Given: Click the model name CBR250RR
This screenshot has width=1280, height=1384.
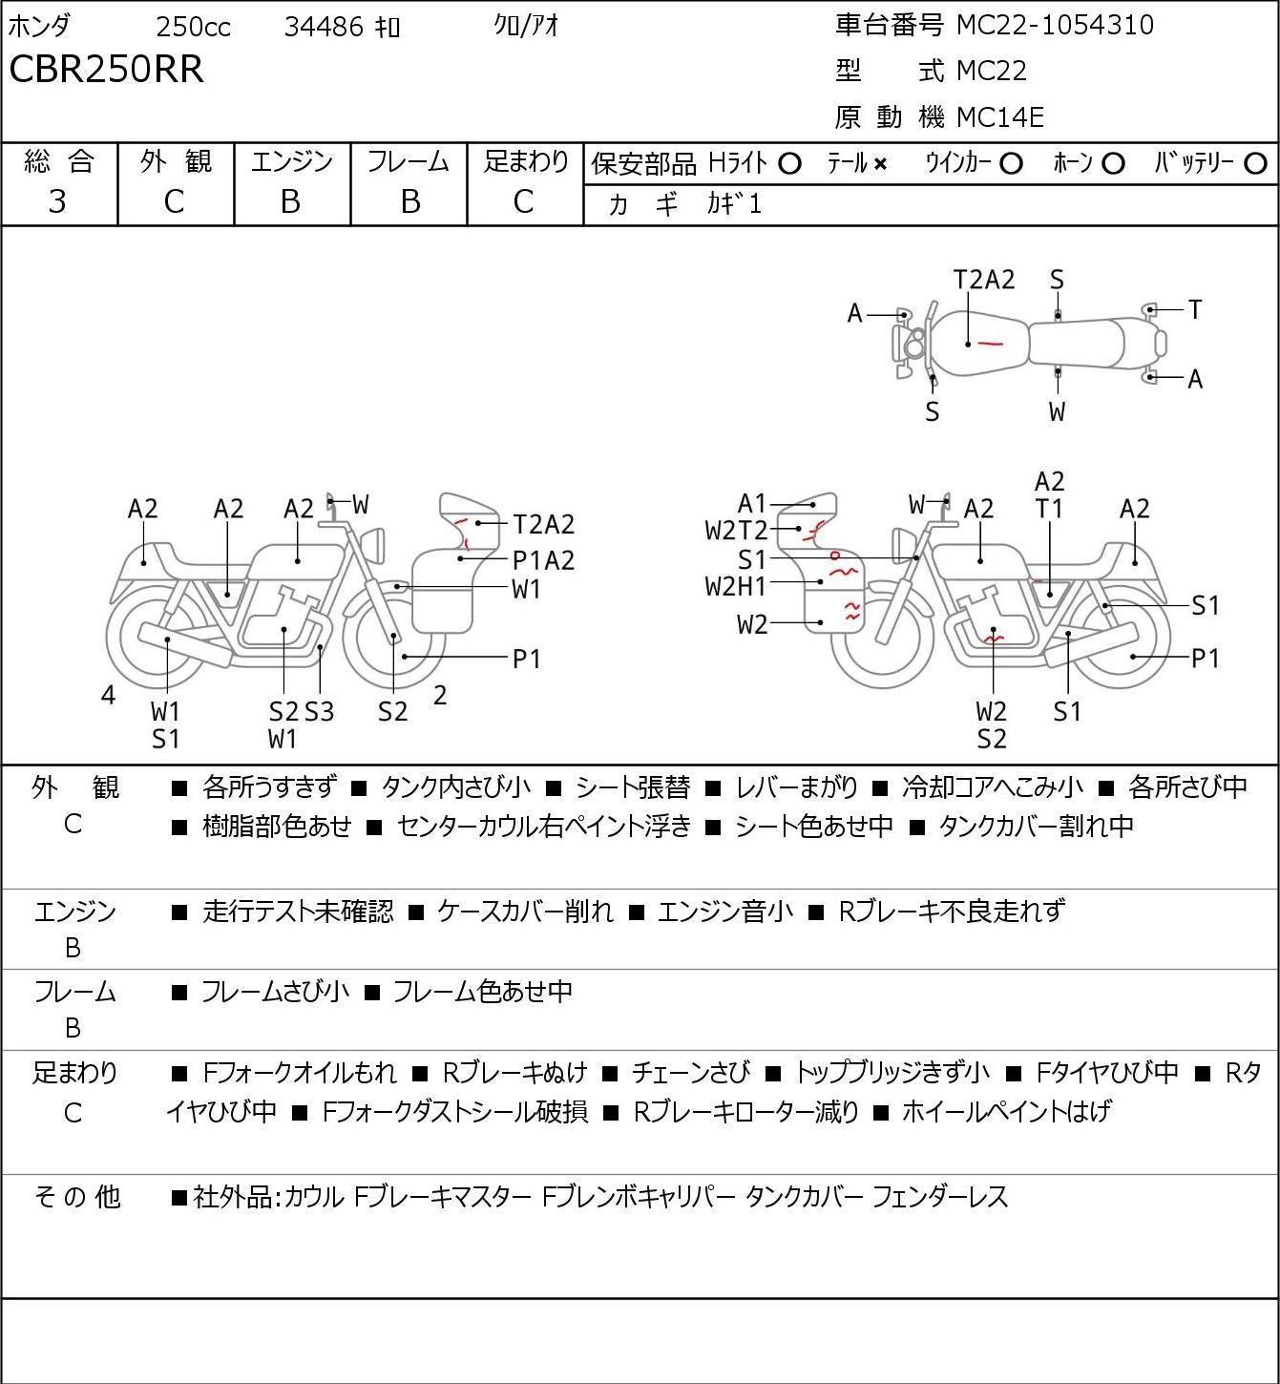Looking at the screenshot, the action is click(106, 69).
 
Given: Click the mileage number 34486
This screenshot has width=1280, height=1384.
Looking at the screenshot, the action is click(324, 27).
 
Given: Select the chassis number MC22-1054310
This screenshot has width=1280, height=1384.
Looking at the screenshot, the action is click(1055, 25).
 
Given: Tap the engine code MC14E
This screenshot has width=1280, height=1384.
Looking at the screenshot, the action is click(1000, 117).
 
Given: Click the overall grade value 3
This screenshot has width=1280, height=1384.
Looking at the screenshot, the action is click(57, 202).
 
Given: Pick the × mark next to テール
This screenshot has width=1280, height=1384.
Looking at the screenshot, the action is click(880, 164).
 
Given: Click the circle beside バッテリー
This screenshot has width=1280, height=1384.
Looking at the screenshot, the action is click(1255, 164).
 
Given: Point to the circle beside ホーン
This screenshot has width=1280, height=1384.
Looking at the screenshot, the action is click(1113, 164).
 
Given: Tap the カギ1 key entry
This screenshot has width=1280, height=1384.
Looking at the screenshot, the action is click(734, 204).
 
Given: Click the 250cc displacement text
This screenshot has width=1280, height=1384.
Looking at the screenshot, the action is click(193, 27).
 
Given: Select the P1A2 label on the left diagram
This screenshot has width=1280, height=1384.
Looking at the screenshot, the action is click(543, 560).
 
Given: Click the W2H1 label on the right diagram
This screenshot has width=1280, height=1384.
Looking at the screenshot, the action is click(736, 587).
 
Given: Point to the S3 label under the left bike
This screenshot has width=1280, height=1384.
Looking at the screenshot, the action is click(320, 711).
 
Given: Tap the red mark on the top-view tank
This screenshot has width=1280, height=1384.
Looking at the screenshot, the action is click(989, 343).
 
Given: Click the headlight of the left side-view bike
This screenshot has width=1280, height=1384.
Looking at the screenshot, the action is click(373, 546).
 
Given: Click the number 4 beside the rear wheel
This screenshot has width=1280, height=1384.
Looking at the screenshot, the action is click(108, 695).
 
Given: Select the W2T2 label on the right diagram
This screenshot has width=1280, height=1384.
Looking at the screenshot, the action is click(736, 531).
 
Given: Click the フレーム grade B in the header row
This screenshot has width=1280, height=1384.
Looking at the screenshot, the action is click(409, 202).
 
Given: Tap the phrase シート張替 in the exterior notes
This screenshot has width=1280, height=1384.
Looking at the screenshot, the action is click(632, 786).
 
